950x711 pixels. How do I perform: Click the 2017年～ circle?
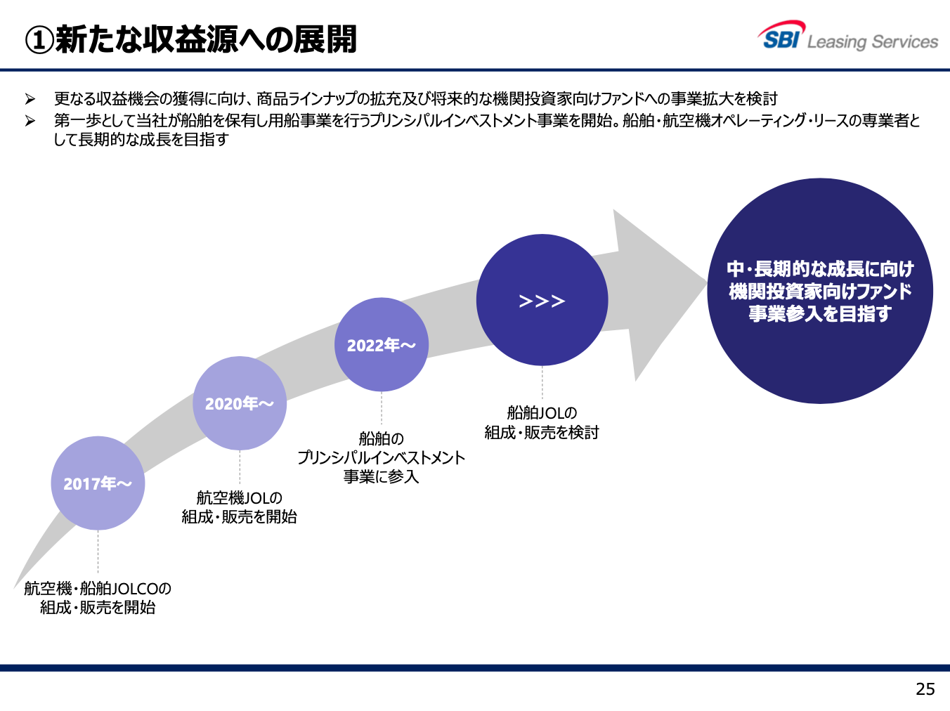(98, 483)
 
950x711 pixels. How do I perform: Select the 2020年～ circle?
(240, 403)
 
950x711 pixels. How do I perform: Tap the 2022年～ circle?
(382, 344)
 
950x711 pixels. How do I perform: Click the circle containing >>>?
(542, 300)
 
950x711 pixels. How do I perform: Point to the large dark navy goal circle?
(820, 291)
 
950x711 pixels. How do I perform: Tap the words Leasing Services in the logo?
(873, 42)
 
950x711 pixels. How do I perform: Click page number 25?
(925, 689)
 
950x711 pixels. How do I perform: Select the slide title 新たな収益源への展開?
(206, 39)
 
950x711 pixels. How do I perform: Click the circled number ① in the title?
(39, 40)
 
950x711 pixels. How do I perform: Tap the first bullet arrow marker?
(30, 99)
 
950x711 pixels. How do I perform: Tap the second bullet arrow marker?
(30, 120)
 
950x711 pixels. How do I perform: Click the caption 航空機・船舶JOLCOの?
(98, 589)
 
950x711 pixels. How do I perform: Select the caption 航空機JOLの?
(240, 497)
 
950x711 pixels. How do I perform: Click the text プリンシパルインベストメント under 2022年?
(382, 457)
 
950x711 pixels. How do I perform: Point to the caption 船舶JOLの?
(542, 413)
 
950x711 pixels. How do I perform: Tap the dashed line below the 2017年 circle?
(98, 552)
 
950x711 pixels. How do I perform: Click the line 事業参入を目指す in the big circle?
(820, 313)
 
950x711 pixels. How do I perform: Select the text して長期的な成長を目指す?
(141, 140)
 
